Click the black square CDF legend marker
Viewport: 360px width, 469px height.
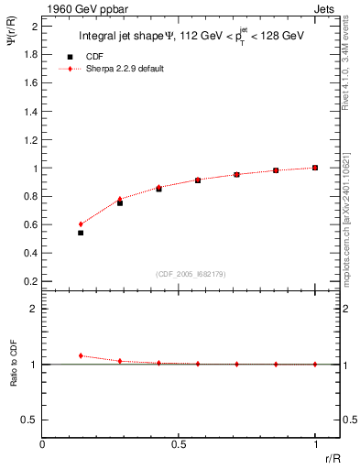pos(70,57)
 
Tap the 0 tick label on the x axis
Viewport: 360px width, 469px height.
pos(43,444)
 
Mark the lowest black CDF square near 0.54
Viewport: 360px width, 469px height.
pos(81,233)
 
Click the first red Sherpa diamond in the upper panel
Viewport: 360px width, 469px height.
pos(81,224)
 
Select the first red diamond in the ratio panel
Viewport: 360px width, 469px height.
pos(81,355)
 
